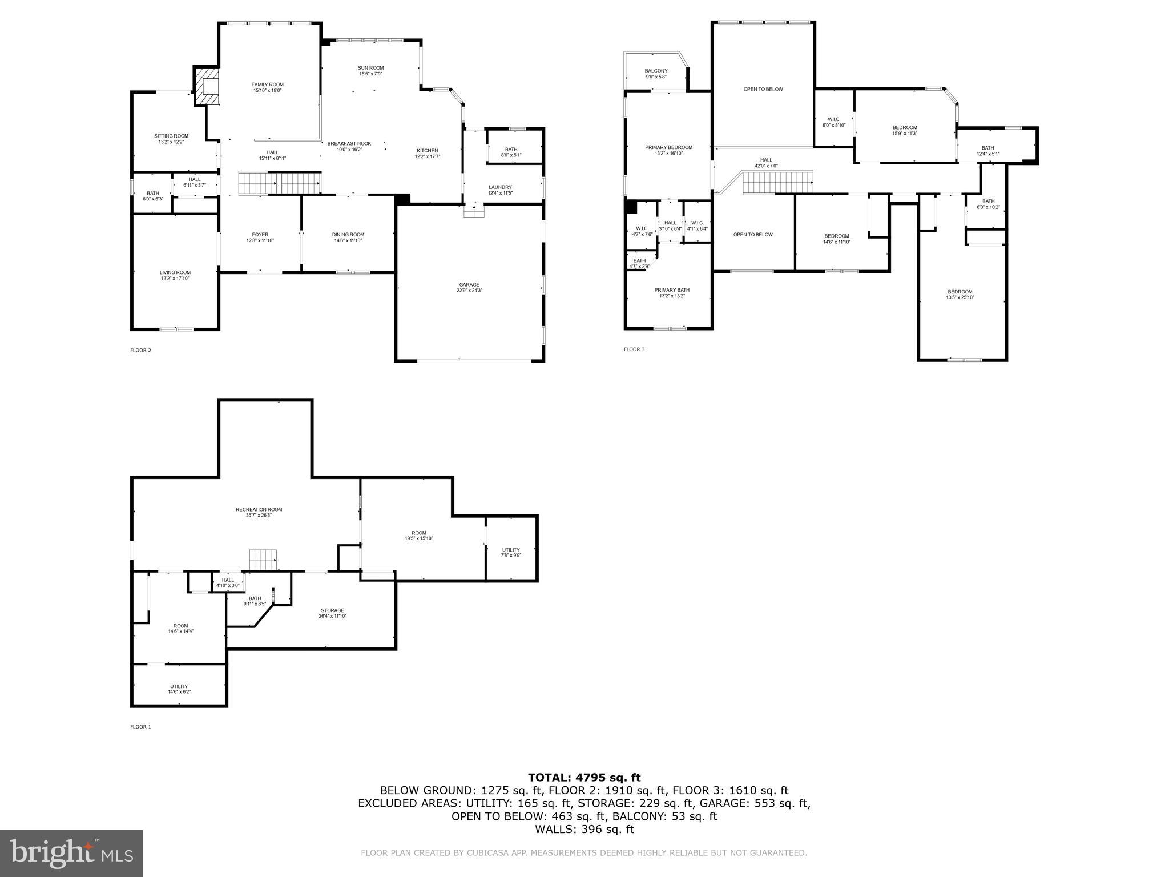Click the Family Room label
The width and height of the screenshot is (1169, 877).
pos(267,85)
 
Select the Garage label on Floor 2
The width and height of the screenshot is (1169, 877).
pos(469,285)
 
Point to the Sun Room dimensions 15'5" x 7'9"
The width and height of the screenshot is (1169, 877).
pos(370,74)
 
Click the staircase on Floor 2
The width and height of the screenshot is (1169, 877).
pos(280,183)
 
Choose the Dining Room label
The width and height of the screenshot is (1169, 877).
pos(348,235)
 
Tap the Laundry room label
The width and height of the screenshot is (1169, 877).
pos(500,187)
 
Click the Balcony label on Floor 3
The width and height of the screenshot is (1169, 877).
pos(656,71)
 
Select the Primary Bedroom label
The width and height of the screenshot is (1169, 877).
pos(668,147)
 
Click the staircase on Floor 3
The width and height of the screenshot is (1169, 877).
pos(777,183)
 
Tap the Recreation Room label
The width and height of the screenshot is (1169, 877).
pos(259,509)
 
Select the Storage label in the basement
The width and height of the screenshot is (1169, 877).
pos(332,610)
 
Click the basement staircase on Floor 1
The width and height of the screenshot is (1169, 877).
pos(263,560)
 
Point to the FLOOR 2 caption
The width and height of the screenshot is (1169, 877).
pos(140,350)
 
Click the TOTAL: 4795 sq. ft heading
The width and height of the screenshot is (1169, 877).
pos(584,777)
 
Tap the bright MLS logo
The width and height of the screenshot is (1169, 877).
pos(71,853)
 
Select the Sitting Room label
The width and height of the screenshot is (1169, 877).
pos(171,136)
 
